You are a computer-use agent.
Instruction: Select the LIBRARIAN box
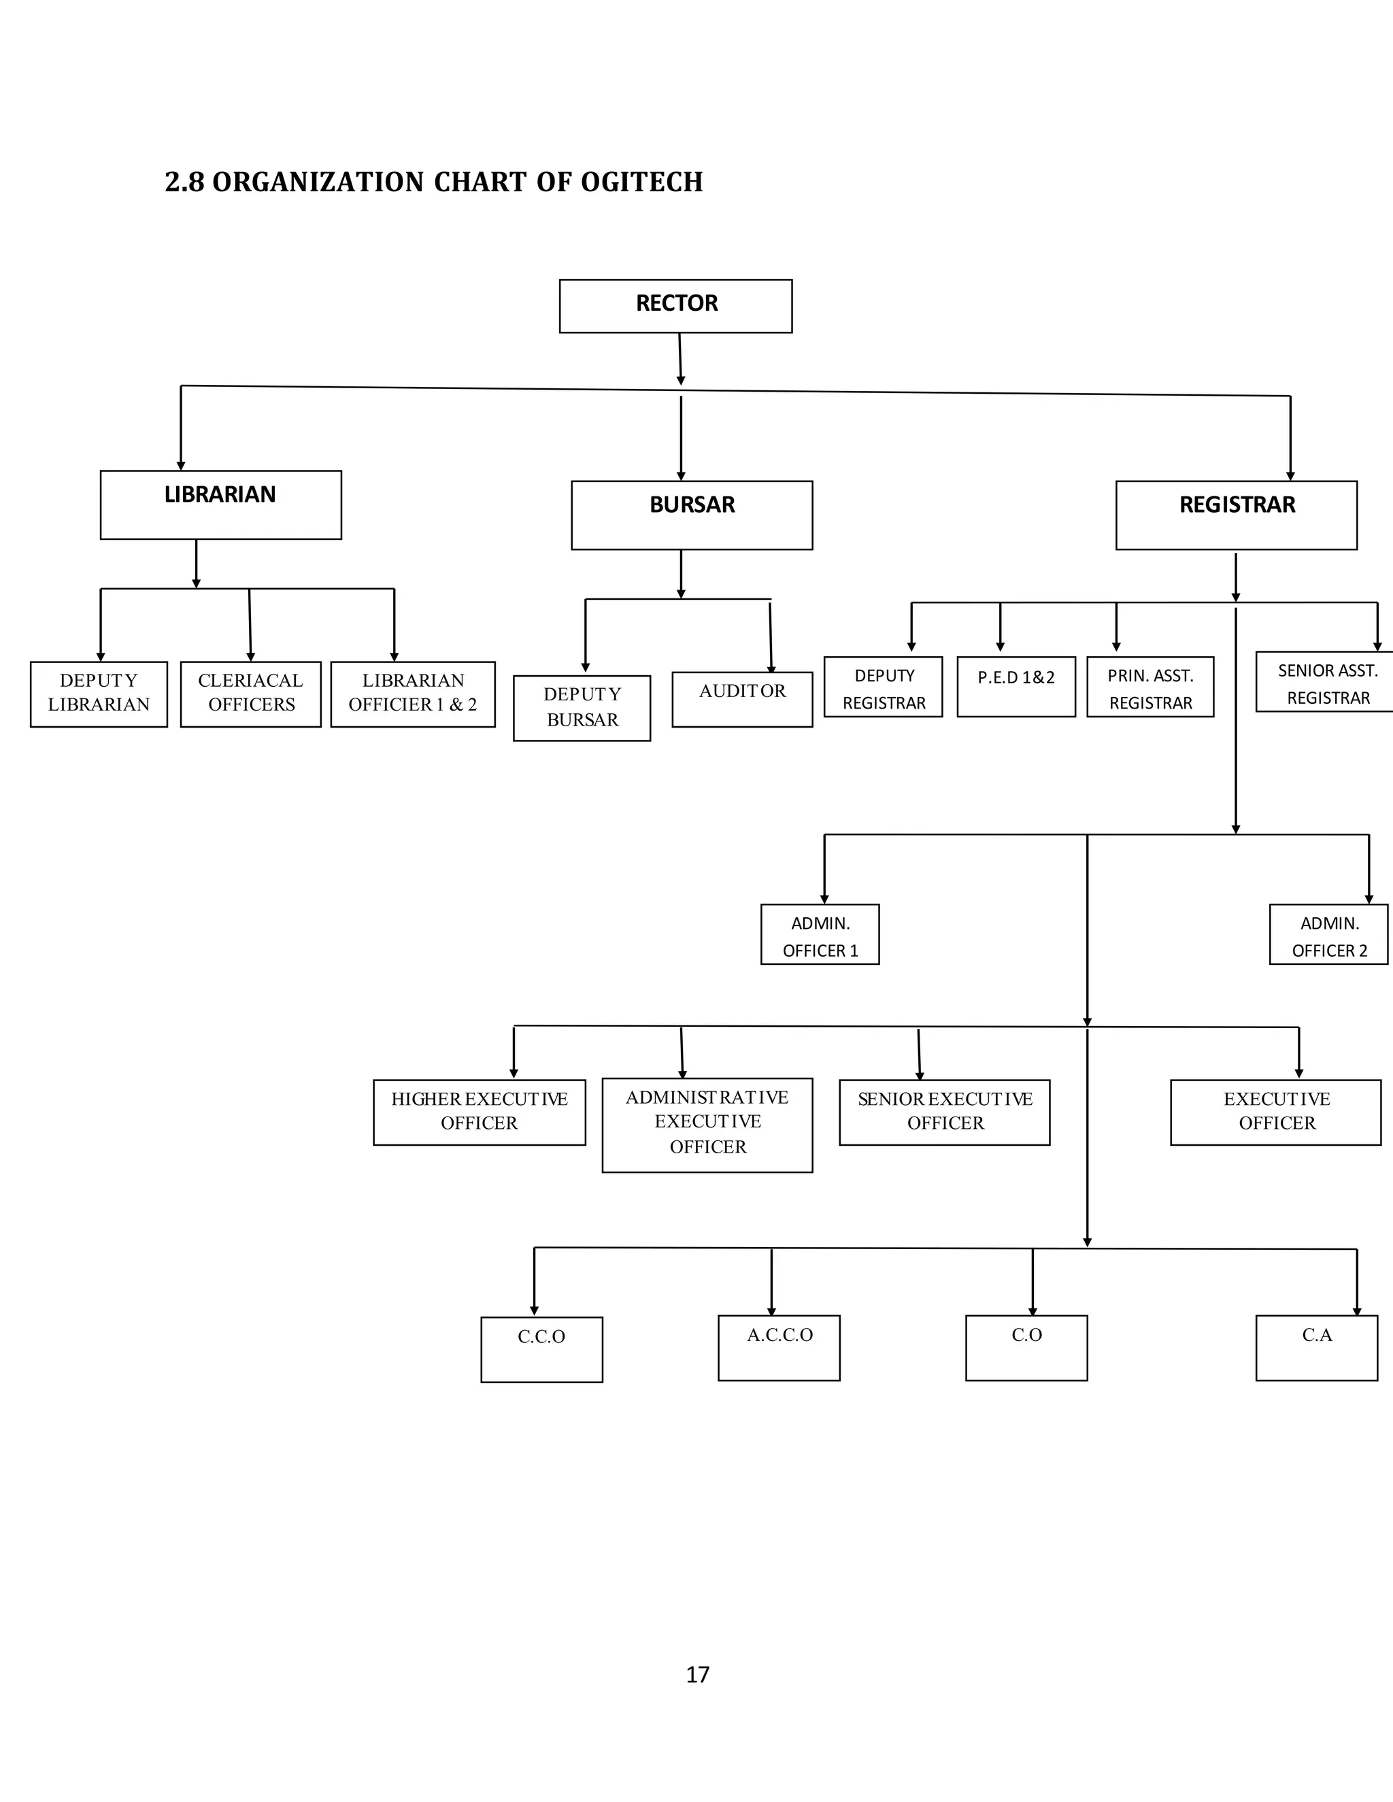tap(220, 505)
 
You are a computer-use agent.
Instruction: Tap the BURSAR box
tap(692, 515)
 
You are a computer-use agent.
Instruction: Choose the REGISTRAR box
tap(1236, 515)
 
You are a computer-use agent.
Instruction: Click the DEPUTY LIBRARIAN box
tap(99, 694)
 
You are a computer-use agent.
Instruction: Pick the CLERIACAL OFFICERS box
tap(251, 694)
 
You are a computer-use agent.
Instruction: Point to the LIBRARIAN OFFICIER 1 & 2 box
tap(413, 694)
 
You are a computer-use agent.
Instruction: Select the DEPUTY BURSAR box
tap(582, 708)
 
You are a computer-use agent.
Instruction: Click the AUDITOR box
tap(742, 699)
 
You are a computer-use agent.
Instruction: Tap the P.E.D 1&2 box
tap(1016, 687)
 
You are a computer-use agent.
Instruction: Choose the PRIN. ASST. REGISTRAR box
tap(1149, 687)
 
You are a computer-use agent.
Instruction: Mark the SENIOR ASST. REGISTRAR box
tap(1326, 682)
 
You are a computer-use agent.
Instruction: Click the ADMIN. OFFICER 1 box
tap(820, 934)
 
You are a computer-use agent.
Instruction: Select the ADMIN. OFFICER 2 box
tap(1328, 934)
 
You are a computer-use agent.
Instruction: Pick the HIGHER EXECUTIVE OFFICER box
tap(480, 1112)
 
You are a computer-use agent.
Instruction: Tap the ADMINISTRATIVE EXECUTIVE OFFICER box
tap(707, 1125)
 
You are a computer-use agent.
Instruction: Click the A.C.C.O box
tap(779, 1347)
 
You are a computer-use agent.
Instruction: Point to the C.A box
tap(1316, 1347)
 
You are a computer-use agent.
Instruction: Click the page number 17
tap(697, 1674)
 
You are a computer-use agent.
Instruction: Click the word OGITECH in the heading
tap(641, 182)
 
